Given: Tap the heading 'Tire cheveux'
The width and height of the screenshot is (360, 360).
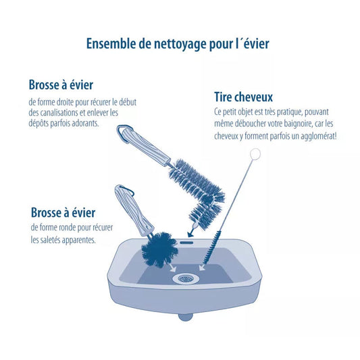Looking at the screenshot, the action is pos(243,97).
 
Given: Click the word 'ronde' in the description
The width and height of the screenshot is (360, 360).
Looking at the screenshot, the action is pos(67,228).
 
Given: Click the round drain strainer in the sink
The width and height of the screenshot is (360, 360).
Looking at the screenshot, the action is pos(186,278).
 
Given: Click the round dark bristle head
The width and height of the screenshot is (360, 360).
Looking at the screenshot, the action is pos(159,249).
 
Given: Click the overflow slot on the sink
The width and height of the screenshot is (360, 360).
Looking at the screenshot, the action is pos(186,242).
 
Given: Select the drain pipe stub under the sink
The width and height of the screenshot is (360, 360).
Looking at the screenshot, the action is pos(185,317).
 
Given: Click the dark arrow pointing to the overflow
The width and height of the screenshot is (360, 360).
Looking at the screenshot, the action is pos(191,232).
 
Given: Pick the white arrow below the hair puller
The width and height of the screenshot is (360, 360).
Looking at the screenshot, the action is pos(202,267).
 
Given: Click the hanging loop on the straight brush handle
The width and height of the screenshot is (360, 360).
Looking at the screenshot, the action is pos(124,134).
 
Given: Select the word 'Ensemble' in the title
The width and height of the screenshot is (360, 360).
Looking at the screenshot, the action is pos(111,44).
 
